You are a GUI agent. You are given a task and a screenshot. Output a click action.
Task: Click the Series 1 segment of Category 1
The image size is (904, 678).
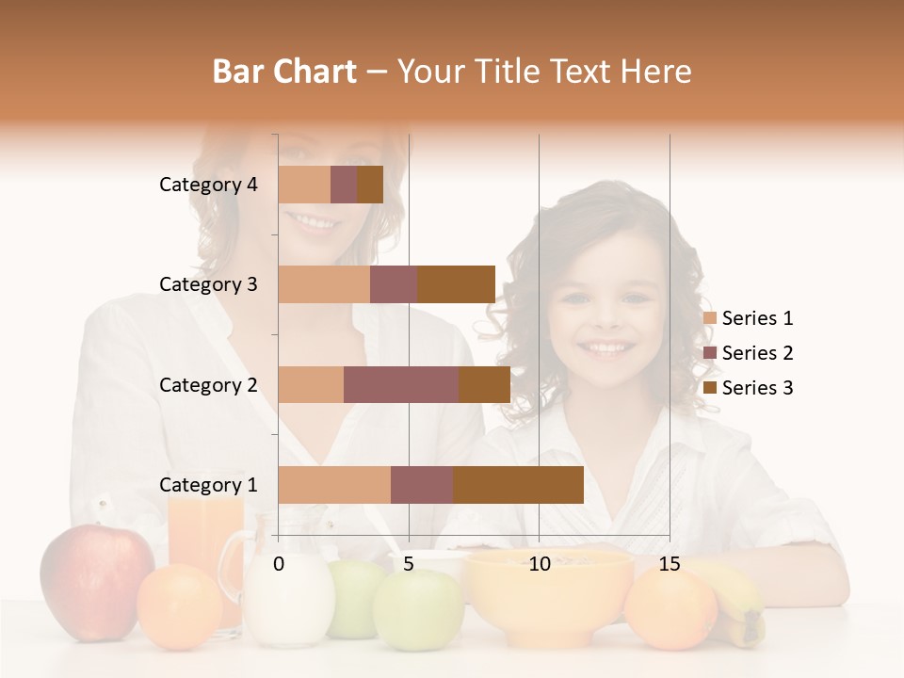(x=334, y=485)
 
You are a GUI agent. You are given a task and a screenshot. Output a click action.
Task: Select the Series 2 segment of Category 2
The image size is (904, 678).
(x=401, y=384)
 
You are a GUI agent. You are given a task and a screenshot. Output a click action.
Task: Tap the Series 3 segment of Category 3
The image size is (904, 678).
(x=456, y=284)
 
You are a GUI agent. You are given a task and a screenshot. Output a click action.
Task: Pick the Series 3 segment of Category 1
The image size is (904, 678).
(x=518, y=485)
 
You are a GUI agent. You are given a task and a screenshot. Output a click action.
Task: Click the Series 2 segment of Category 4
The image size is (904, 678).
(x=344, y=185)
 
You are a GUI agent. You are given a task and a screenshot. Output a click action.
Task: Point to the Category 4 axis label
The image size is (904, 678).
(x=208, y=185)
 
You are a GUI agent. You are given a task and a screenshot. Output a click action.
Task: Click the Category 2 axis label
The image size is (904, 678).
(x=208, y=384)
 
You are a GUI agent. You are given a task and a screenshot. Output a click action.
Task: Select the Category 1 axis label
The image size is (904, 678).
(x=208, y=485)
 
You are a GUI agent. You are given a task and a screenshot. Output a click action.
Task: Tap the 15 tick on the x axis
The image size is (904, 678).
(x=669, y=564)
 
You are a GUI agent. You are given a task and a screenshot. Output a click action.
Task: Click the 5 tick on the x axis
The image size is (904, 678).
(x=409, y=564)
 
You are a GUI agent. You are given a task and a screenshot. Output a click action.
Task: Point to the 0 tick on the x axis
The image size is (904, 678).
(x=279, y=564)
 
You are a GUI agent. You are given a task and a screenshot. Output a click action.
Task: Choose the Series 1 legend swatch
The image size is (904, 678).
(x=710, y=318)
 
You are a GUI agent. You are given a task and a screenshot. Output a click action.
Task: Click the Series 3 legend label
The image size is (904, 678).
(x=757, y=388)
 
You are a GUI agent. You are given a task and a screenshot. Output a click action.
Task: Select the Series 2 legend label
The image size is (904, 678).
(x=757, y=353)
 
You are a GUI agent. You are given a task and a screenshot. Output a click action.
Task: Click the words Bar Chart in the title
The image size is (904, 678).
(x=283, y=72)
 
